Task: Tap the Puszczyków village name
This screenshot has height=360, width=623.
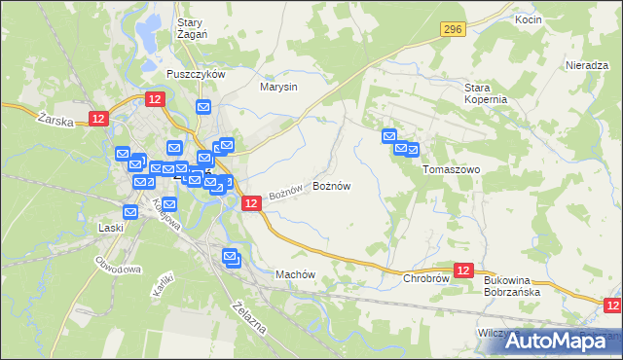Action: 196,75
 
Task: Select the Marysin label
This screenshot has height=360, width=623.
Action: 278,87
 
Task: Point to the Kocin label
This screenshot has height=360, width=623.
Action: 529,19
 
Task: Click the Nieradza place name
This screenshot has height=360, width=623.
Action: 587,65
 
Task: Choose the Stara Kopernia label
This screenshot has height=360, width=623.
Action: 485,93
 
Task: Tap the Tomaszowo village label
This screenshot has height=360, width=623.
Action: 452,168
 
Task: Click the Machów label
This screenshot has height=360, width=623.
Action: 297,274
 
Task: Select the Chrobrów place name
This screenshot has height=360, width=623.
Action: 425,278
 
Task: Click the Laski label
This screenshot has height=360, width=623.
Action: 111,229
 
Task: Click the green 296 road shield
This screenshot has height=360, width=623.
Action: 451,31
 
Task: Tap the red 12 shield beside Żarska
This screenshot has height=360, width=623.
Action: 97,118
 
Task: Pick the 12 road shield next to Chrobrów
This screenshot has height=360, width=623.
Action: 463,270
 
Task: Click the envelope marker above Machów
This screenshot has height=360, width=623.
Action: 231,258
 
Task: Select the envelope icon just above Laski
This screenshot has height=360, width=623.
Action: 130,212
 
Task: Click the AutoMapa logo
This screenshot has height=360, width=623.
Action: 551,340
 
